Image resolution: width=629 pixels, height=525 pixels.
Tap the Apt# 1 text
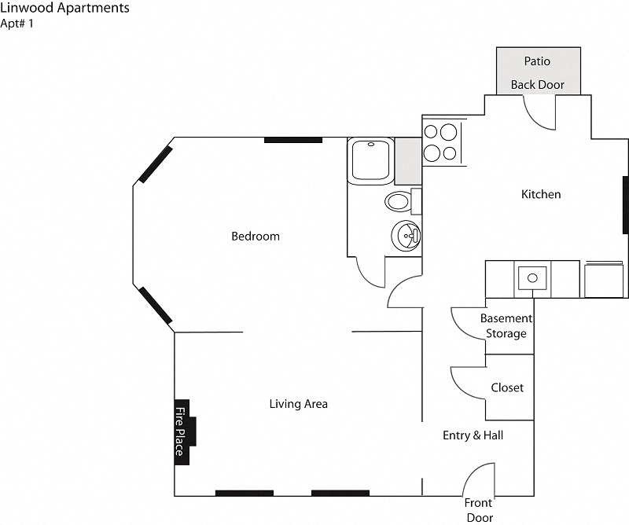click(x=17, y=24)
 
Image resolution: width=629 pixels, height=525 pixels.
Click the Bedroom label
click(x=255, y=236)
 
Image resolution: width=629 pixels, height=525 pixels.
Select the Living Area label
click(x=298, y=404)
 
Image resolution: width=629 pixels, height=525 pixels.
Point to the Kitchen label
click(x=541, y=194)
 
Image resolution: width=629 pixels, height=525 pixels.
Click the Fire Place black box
click(x=182, y=431)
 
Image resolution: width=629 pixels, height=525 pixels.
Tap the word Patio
click(x=537, y=61)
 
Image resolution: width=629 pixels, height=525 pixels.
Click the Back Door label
click(x=537, y=85)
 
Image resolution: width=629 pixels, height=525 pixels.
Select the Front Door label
click(x=477, y=510)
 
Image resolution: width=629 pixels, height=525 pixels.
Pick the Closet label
click(x=506, y=387)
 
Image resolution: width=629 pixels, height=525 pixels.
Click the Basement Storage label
click(x=506, y=326)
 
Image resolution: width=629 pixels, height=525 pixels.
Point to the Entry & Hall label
click(x=473, y=435)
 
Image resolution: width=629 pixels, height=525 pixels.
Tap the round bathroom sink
click(x=406, y=235)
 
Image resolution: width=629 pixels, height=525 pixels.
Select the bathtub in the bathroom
click(x=370, y=160)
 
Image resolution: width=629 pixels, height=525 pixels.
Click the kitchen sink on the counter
click(x=533, y=278)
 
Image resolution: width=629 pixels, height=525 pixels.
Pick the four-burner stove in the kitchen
click(x=440, y=142)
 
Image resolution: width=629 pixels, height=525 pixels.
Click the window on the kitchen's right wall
click(x=625, y=204)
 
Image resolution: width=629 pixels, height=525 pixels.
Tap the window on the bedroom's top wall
click(x=292, y=140)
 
